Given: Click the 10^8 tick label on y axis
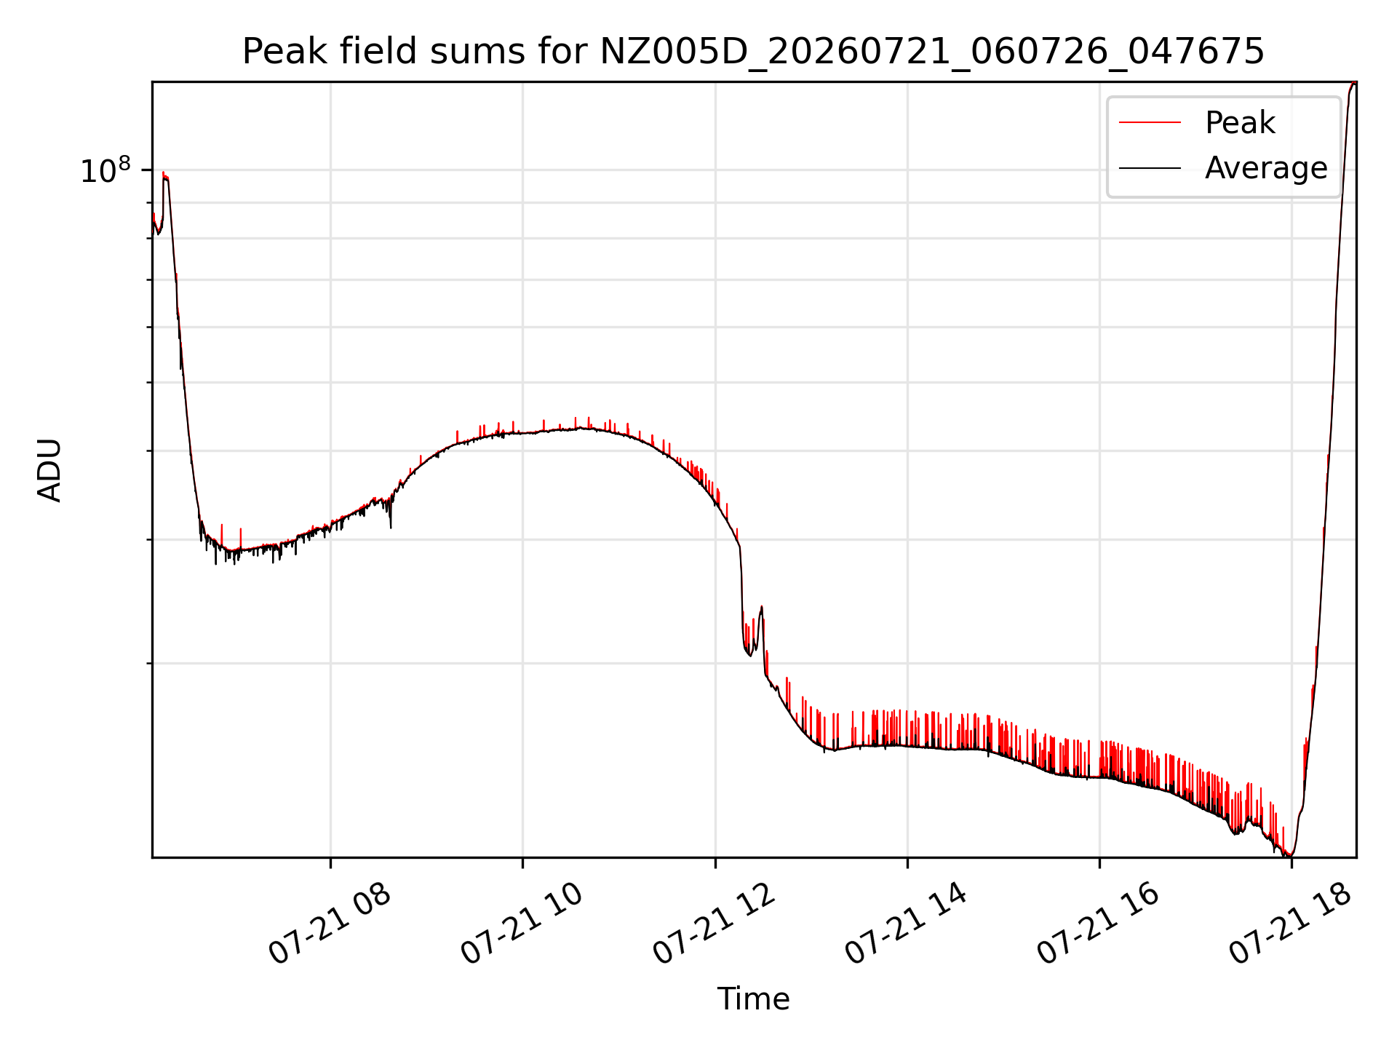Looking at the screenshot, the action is pos(106,170).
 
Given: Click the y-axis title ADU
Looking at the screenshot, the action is pos(49,470).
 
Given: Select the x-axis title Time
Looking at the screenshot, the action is pos(754,999).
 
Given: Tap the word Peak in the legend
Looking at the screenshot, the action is pos(1240,123).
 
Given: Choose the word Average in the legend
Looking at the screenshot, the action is pos(1266,168).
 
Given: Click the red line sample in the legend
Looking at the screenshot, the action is pos(1150,123).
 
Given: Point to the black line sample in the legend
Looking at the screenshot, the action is pos(1150,168).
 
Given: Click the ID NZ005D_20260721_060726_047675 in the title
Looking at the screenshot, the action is pos(932,52).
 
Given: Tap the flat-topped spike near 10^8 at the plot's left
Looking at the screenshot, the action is pos(166,176).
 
